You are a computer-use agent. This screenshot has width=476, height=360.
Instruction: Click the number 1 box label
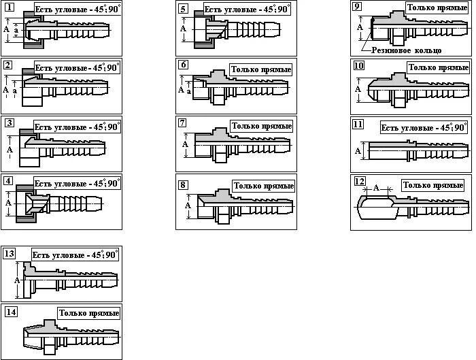(8, 7)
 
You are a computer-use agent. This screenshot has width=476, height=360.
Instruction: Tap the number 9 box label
(357, 6)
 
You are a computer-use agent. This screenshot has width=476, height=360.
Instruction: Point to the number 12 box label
(360, 182)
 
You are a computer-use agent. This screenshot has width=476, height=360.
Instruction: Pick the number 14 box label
(10, 312)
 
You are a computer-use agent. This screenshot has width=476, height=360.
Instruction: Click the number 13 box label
(9, 254)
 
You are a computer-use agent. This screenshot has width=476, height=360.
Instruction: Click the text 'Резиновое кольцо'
(405, 50)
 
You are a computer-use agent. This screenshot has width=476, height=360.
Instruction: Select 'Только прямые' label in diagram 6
(261, 69)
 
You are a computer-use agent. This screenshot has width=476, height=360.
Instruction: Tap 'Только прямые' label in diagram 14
(89, 313)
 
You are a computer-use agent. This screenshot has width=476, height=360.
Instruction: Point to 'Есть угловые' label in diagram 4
(77, 184)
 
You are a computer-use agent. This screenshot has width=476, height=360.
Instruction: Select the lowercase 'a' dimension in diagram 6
(189, 89)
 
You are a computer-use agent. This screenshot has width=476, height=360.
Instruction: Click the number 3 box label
(9, 123)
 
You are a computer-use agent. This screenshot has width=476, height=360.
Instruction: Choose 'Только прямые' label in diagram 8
(263, 186)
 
